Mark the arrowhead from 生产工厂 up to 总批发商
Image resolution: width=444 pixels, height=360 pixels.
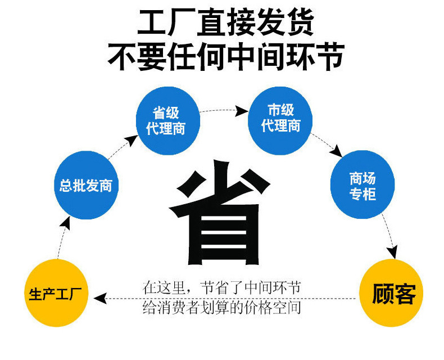[x=66, y=223]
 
